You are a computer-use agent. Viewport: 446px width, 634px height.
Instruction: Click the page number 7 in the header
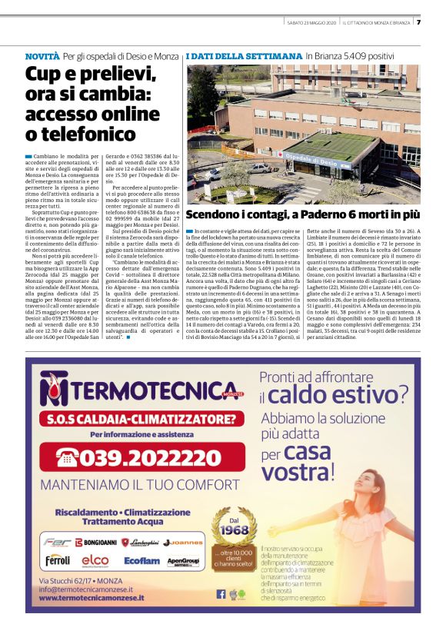pos(419,22)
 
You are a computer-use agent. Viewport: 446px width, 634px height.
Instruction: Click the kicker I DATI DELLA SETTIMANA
pos(244,57)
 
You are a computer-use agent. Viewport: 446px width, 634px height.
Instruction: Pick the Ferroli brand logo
pos(58,561)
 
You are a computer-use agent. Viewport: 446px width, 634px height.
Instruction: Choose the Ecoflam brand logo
pos(141,561)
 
